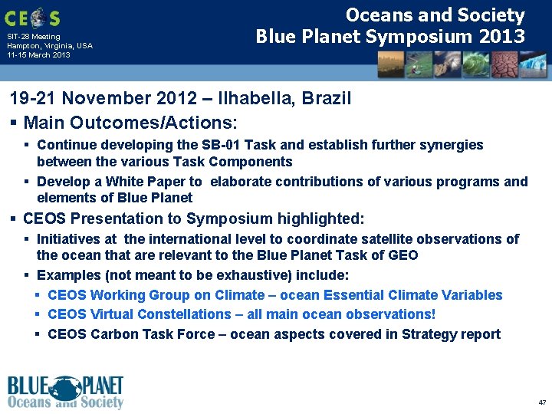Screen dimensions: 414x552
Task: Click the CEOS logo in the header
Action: [32, 17]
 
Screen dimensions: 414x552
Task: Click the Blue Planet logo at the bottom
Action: [65, 393]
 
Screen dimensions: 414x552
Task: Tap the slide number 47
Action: [542, 402]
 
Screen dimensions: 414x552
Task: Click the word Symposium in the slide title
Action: [421, 36]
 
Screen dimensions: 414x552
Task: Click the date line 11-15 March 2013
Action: [38, 55]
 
